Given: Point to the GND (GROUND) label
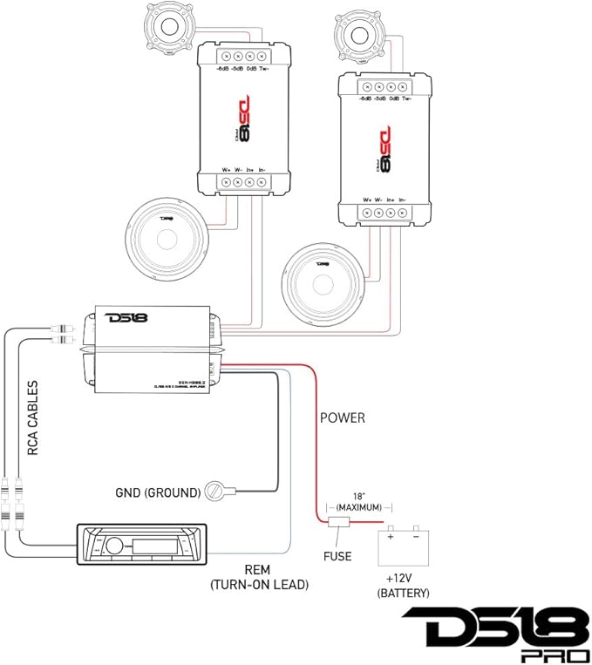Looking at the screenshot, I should tap(158, 492).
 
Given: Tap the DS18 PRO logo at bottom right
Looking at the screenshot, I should tap(493, 634).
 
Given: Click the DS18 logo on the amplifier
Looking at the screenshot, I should tap(126, 317).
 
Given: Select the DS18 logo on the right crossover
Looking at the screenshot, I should tap(384, 147).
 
